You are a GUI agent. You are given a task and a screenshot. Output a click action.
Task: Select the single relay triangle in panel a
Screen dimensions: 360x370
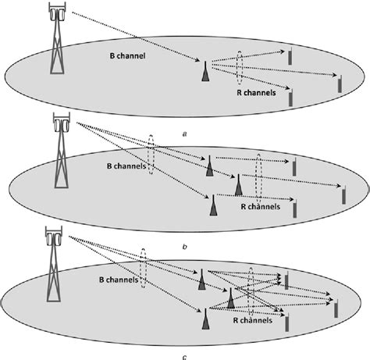(206, 71)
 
